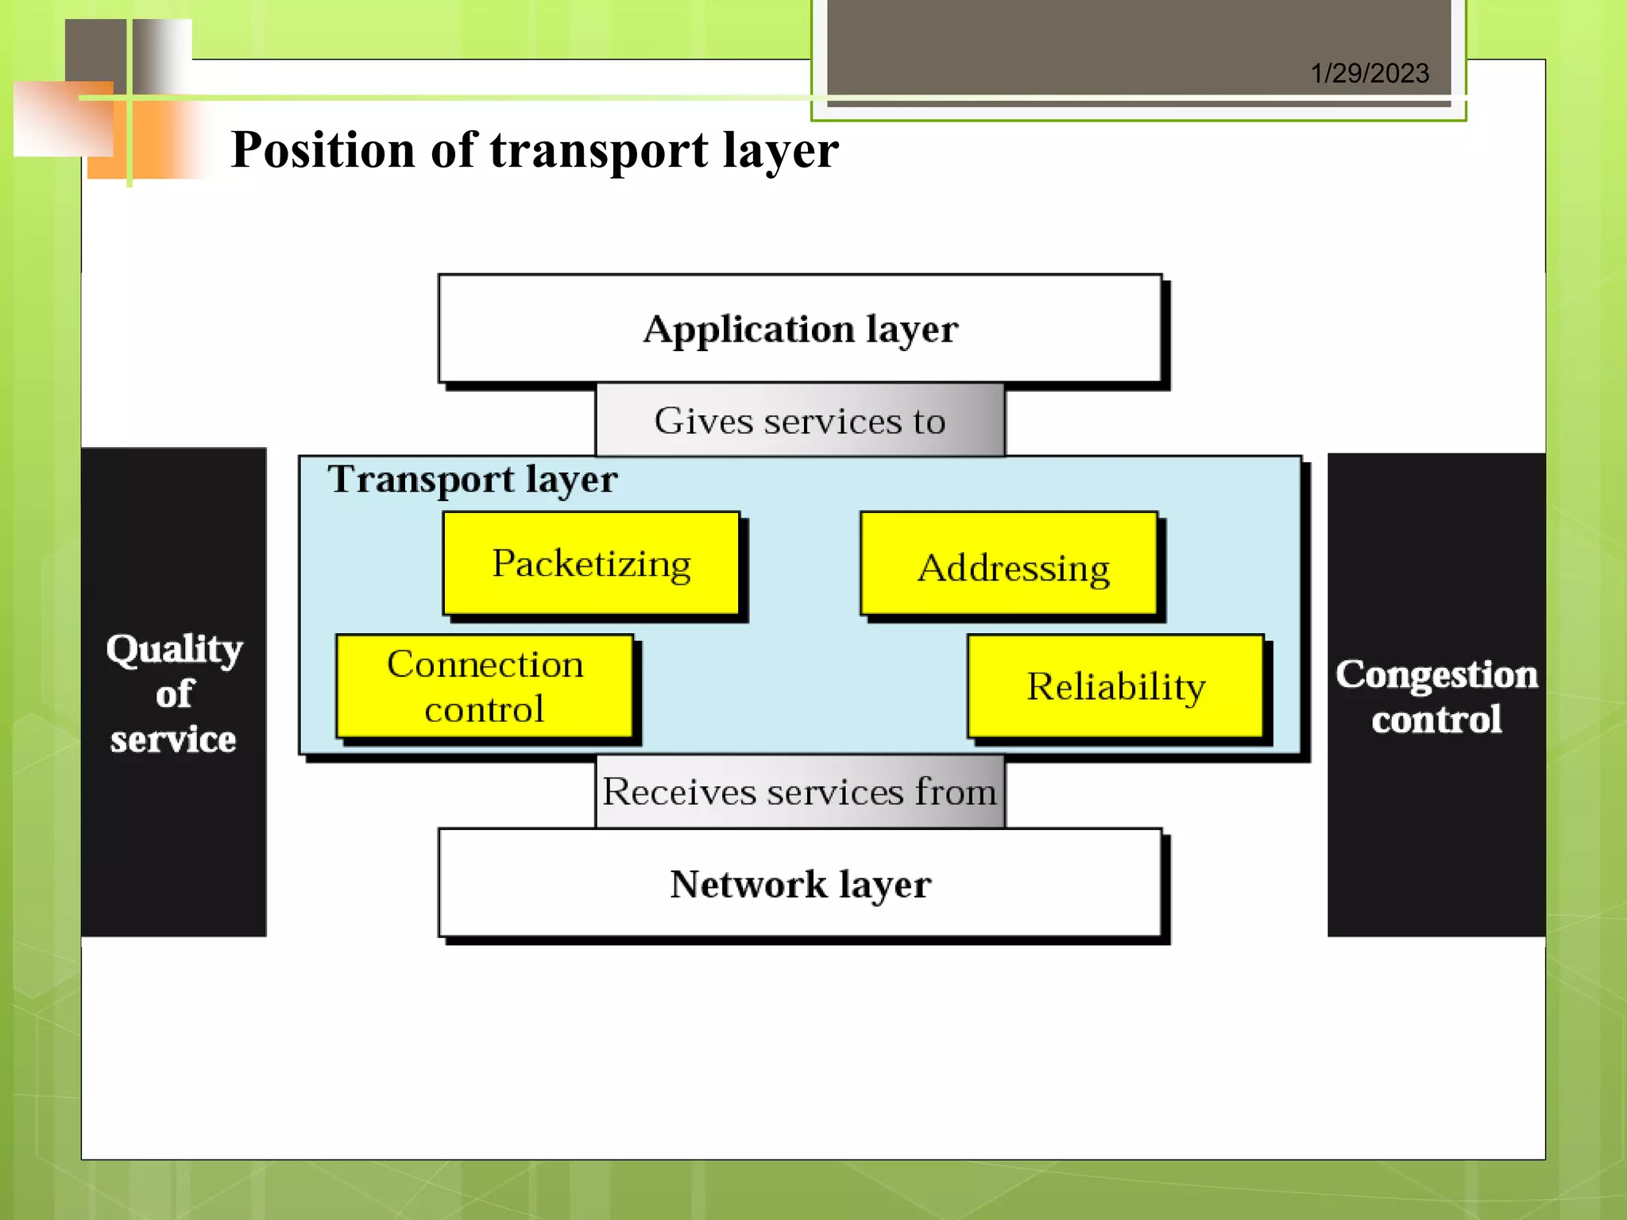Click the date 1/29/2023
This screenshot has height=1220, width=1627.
click(x=1369, y=74)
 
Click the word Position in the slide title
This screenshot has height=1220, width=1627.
click(x=323, y=150)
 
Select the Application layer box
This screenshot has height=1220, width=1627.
click(x=800, y=329)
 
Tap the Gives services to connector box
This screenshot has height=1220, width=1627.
click(x=800, y=421)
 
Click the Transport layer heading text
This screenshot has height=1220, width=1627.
click(x=473, y=480)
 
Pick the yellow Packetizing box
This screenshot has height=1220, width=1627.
click(x=591, y=564)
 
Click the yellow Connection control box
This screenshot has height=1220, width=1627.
click(x=485, y=686)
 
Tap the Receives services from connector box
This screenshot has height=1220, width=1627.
click(x=800, y=792)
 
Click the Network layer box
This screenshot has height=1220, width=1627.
click(x=800, y=884)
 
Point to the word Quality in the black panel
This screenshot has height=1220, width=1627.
click(x=175, y=649)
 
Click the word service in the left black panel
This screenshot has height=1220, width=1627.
click(x=173, y=739)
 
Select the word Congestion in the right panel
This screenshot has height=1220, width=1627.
click(x=1436, y=674)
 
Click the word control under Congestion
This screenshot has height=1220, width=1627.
click(x=1436, y=720)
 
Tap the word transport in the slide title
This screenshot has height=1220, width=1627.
click(x=599, y=150)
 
